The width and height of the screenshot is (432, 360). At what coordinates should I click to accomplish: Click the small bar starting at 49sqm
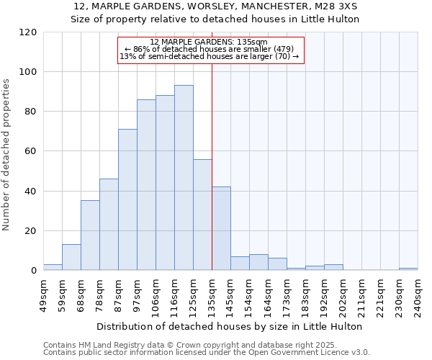[53, 267]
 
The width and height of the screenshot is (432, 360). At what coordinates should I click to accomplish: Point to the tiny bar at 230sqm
[408, 269]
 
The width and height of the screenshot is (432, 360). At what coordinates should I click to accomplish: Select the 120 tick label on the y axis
[28, 32]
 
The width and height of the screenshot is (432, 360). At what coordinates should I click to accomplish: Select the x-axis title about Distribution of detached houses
[230, 326]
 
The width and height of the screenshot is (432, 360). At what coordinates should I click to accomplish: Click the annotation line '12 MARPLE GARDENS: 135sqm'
[209, 42]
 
